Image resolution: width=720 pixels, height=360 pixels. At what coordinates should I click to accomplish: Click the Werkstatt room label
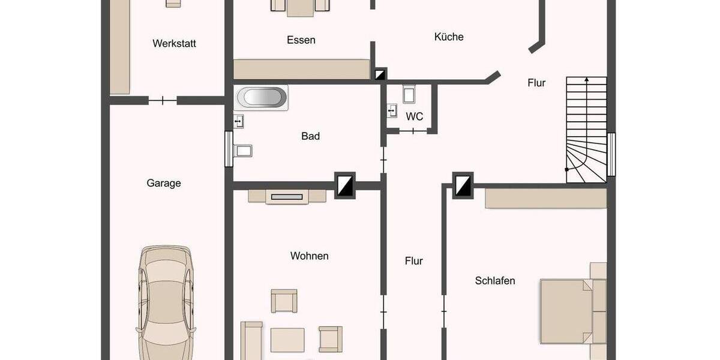(174, 43)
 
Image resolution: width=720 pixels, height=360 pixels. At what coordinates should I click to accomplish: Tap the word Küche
(449, 37)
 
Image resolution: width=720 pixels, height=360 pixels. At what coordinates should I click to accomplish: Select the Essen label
(301, 40)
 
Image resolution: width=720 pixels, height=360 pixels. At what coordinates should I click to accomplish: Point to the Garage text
(164, 183)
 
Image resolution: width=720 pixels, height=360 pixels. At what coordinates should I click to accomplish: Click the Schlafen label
(495, 280)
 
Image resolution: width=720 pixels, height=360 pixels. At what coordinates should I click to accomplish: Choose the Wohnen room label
(309, 256)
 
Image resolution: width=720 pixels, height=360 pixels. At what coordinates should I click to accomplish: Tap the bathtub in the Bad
(262, 97)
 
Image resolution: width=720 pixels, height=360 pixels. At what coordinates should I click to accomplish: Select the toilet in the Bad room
(244, 149)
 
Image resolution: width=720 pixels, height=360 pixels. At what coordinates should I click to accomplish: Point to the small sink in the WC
(392, 110)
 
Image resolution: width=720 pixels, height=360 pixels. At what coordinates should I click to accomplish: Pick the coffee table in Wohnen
(287, 339)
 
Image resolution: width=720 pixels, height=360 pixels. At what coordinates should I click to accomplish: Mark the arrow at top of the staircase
(586, 79)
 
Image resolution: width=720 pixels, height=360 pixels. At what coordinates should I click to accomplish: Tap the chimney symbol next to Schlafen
(463, 185)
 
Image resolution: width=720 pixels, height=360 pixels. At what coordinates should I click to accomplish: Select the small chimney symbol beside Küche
(380, 74)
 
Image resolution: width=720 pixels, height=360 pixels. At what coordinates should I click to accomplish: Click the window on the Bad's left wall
(229, 148)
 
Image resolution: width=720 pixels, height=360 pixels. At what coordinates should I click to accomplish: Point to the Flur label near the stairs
(536, 83)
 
